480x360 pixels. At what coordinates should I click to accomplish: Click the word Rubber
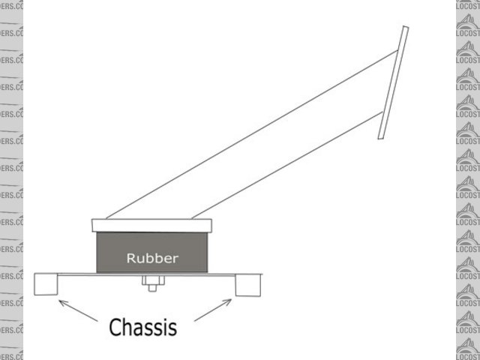coord(152,259)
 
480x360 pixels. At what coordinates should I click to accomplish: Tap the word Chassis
coord(142,327)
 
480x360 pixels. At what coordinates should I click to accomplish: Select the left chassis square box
coord(46,284)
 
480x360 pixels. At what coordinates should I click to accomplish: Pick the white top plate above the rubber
coord(152,225)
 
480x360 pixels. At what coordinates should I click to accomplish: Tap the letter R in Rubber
coord(130,259)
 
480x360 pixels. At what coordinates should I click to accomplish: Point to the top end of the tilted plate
coord(405,28)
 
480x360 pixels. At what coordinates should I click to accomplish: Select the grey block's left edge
coord(97,253)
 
